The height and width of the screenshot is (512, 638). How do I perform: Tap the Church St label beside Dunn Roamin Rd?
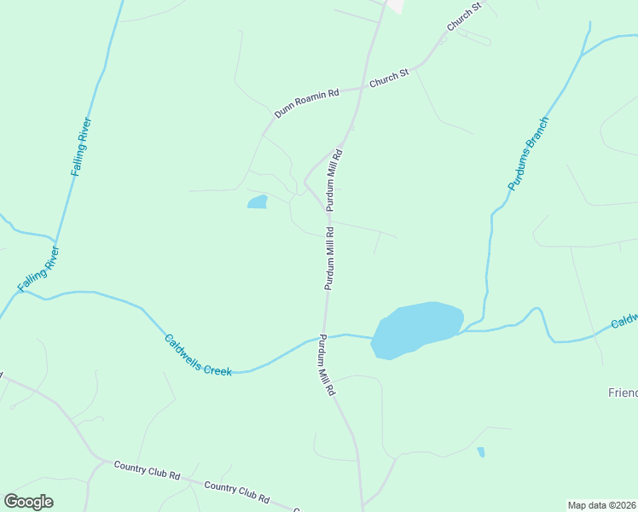point(390,77)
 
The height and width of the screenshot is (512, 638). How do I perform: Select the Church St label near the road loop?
point(465,18)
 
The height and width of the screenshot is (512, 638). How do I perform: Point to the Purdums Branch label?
point(528,153)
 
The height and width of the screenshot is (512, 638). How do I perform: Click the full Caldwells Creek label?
point(198,354)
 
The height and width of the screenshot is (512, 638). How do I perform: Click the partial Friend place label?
point(623,393)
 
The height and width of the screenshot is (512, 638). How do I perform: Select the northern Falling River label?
point(82,147)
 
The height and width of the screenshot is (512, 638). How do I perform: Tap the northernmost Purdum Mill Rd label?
point(334,180)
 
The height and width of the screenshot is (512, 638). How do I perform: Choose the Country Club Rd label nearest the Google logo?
point(147,469)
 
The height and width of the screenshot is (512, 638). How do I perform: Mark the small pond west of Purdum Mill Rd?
point(257,202)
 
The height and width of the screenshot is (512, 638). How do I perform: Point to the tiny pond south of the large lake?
point(481,452)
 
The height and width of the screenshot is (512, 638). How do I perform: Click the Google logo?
point(29,501)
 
